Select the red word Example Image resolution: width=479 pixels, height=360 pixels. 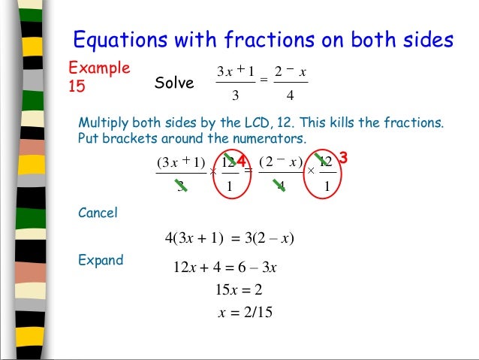click(x=99, y=68)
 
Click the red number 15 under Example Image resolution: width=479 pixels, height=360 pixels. click(x=77, y=86)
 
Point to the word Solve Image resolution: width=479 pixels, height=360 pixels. click(x=174, y=83)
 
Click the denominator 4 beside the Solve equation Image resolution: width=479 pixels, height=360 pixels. click(x=289, y=96)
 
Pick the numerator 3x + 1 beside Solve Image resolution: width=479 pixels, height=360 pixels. click(x=236, y=71)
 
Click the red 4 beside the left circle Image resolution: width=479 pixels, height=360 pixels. click(x=241, y=160)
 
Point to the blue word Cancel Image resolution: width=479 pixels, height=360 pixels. click(x=98, y=213)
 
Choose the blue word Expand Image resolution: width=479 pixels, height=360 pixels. click(x=101, y=261)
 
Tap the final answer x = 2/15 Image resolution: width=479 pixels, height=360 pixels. click(x=245, y=313)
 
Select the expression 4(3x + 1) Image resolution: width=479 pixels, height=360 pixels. click(x=194, y=240)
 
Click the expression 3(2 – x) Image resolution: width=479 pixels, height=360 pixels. click(x=267, y=240)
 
